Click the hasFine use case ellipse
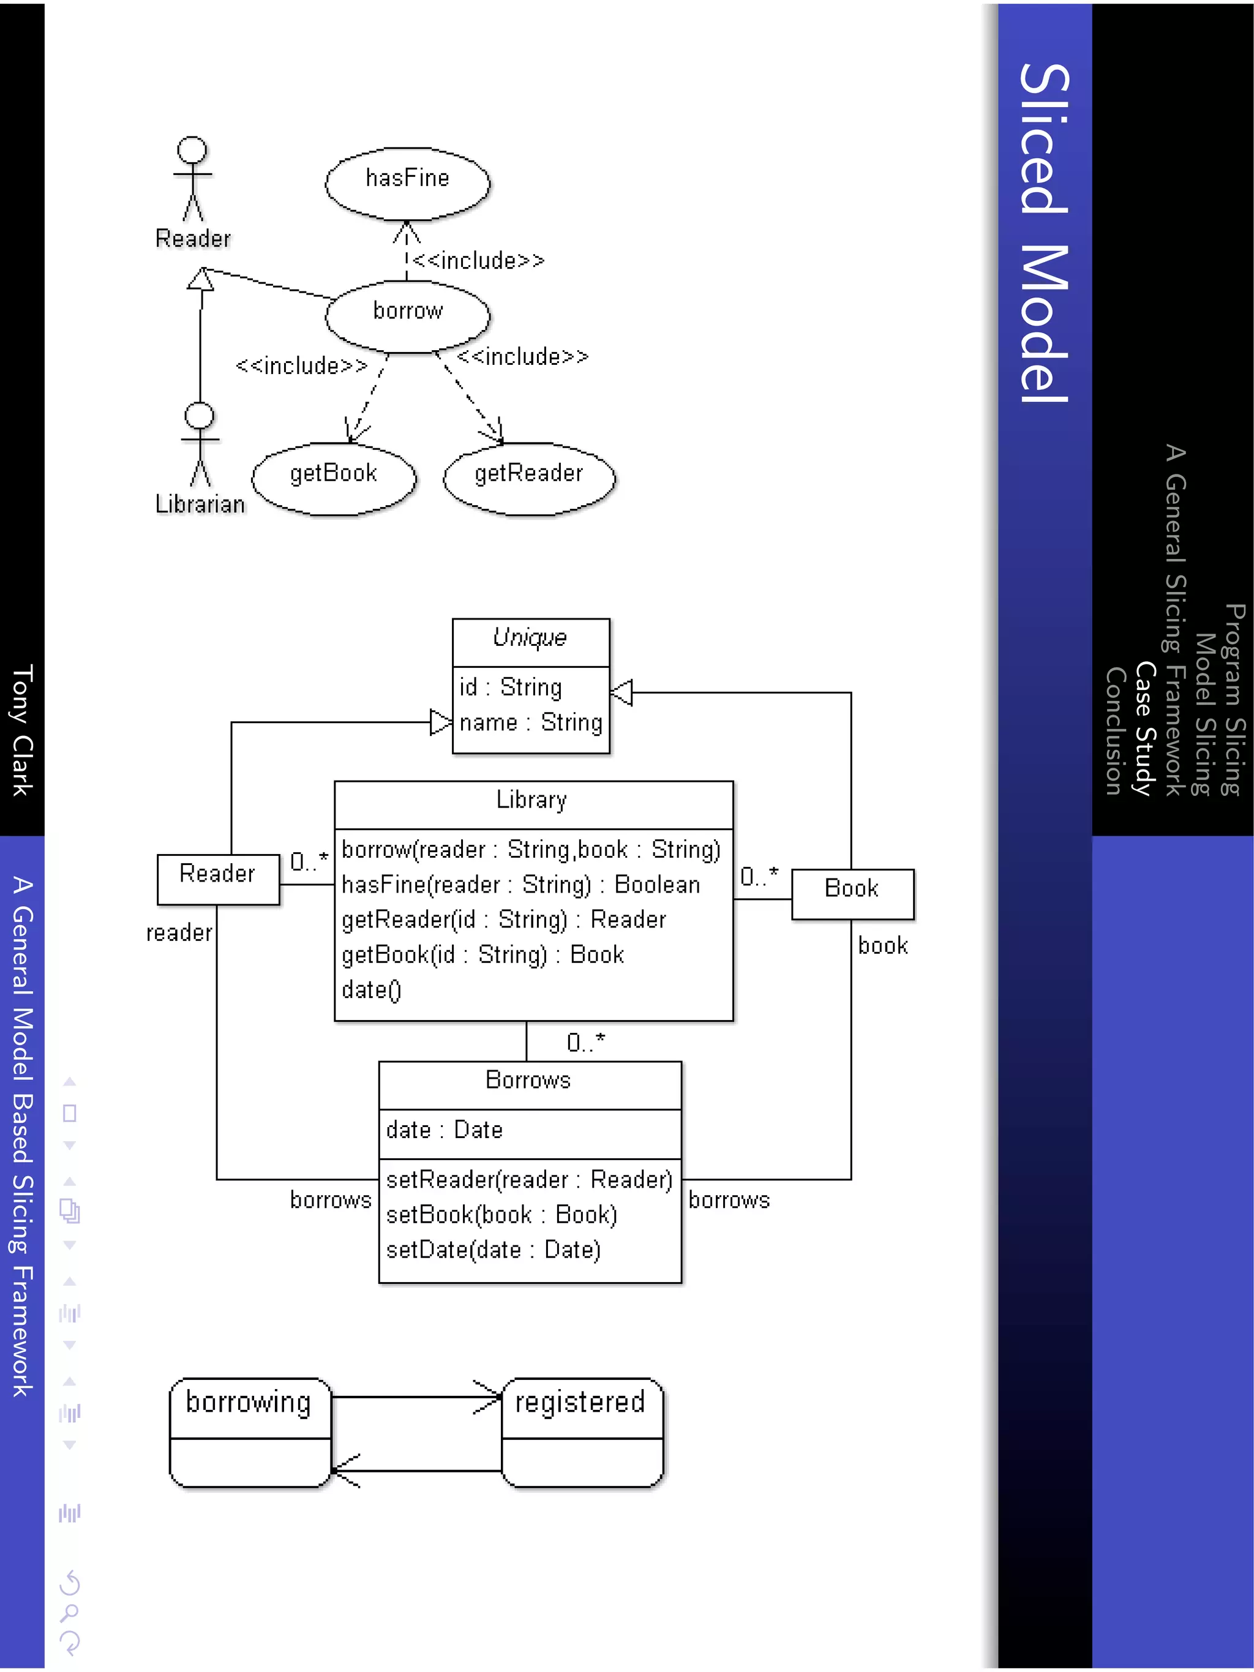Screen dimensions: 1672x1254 [x=407, y=183]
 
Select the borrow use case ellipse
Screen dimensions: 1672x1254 [x=407, y=315]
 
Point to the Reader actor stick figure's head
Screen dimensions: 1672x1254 [x=192, y=149]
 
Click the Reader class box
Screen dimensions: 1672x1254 [x=218, y=879]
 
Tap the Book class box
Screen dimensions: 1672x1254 [x=852, y=893]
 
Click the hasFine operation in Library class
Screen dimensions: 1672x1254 [x=520, y=885]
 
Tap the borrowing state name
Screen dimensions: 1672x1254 [x=249, y=1403]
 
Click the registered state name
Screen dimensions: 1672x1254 [x=580, y=1403]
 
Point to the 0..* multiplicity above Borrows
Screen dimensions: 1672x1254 [x=586, y=1043]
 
